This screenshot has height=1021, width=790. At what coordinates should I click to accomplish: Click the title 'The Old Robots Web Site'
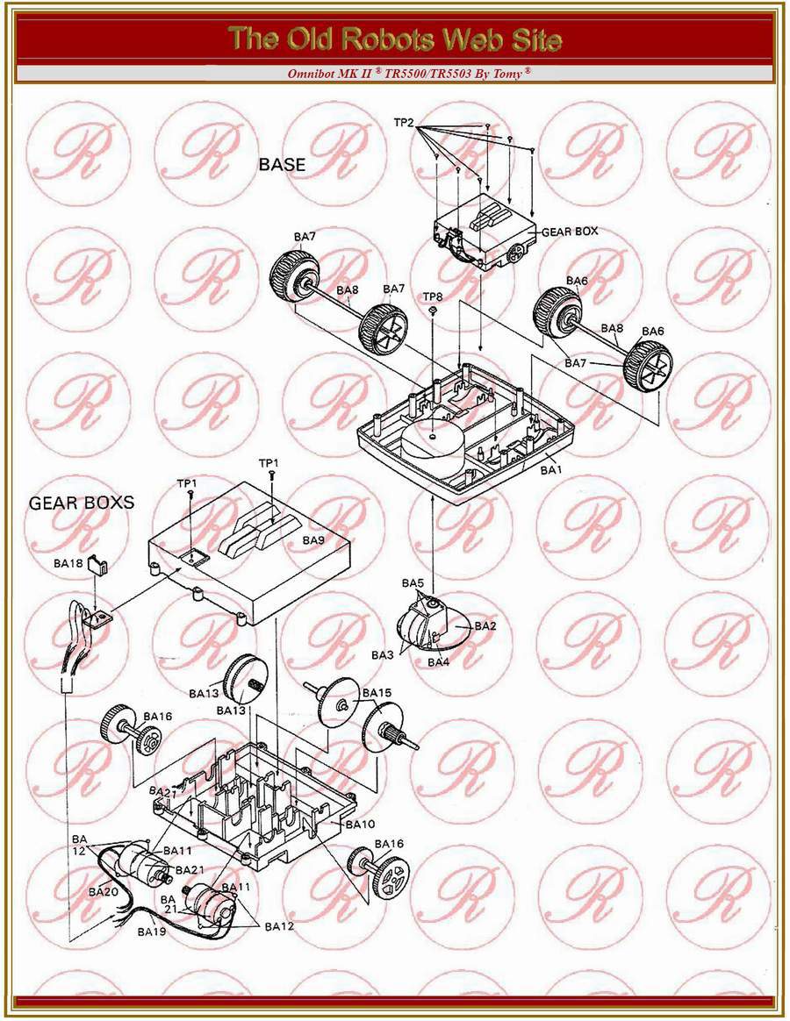tap(395, 39)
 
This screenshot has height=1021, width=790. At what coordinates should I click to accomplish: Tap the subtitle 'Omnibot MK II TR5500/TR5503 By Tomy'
tap(409, 74)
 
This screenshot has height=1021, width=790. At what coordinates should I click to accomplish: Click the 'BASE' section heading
tap(283, 164)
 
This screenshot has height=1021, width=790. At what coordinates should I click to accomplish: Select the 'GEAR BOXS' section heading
tap(82, 502)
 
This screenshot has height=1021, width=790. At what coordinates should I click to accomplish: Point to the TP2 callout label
tap(404, 123)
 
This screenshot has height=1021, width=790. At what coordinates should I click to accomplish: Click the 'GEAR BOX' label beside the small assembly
tap(570, 232)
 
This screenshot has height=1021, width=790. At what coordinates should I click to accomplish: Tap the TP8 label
tap(433, 297)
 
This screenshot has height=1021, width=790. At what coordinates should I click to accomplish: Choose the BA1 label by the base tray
tap(550, 468)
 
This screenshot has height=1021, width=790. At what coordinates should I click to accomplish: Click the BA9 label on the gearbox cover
tap(312, 540)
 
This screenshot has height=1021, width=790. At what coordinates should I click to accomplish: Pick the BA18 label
tap(68, 563)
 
